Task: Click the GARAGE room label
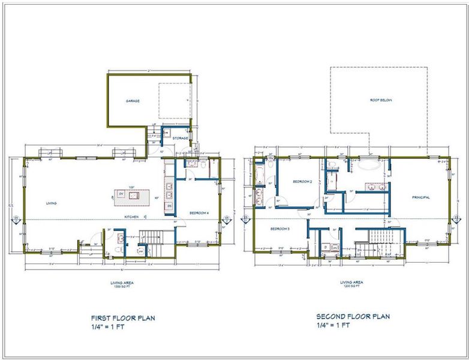click(133, 101)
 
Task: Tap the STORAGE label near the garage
click(181, 139)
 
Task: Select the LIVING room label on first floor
click(52, 203)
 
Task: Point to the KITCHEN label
click(131, 217)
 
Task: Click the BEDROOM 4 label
click(199, 213)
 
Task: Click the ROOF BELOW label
click(380, 100)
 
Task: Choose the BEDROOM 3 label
click(280, 229)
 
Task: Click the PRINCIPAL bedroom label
click(421, 197)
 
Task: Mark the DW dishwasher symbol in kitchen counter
click(170, 206)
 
